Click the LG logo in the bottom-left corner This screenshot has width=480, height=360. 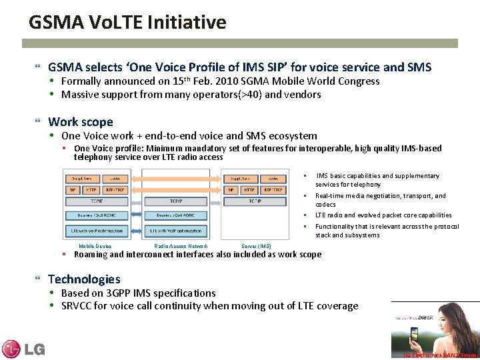(23, 348)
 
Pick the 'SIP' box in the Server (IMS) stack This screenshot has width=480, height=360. (231, 190)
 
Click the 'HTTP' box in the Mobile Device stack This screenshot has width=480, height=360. (90, 190)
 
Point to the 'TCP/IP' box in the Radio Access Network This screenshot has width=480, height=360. (176, 201)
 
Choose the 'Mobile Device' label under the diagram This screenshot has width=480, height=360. (95, 246)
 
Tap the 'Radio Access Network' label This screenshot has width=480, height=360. (181, 246)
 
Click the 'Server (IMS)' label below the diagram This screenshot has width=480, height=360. (256, 246)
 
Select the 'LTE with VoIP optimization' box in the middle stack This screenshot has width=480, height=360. (176, 231)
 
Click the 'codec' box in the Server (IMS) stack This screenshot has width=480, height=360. (273, 179)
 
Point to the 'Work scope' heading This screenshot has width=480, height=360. (81, 122)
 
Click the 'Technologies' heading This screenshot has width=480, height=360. (84, 279)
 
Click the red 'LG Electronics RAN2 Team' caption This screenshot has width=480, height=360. (440, 355)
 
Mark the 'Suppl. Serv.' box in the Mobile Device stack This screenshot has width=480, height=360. (79, 179)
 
